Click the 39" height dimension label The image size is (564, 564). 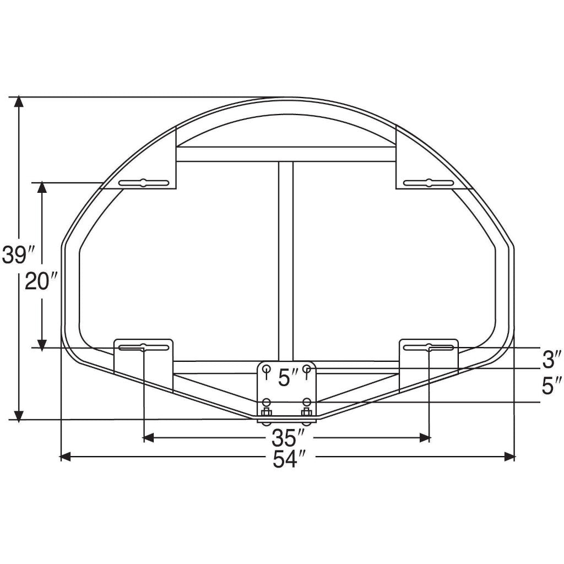[19, 254]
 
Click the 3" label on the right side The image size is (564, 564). [551, 360]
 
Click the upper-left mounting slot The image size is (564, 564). [143, 183]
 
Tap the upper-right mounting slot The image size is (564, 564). [429, 183]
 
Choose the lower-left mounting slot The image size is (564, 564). [143, 347]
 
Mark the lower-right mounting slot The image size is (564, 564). [429, 347]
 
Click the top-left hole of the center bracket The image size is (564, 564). [267, 368]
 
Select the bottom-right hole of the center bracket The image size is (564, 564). [307, 402]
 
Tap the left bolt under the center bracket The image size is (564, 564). [267, 413]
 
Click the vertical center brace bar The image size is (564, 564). [285, 259]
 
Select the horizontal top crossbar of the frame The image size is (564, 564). [285, 154]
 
